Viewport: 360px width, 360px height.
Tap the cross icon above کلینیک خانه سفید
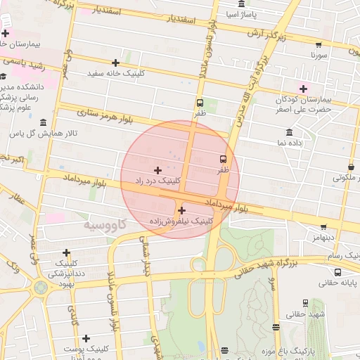(116, 63)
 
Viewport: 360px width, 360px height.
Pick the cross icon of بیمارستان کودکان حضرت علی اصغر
(304, 88)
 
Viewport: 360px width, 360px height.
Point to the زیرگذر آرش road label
(266, 34)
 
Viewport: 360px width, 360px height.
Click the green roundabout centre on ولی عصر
(41, 288)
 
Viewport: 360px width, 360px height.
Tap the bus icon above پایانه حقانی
(338, 273)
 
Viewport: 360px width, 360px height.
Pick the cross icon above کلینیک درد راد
(157, 170)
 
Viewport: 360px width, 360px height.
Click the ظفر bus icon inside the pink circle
(223, 159)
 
